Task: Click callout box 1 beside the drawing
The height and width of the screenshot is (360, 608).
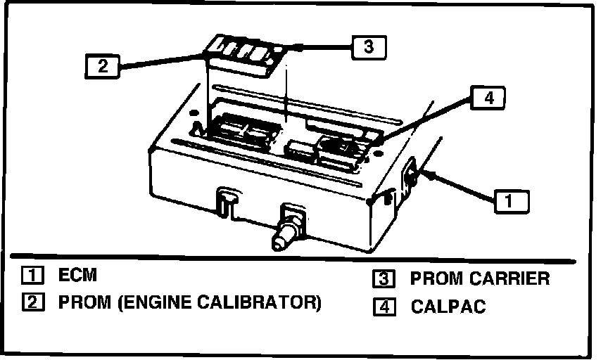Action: [512, 202]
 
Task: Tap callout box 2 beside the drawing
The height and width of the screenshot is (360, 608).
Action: [102, 66]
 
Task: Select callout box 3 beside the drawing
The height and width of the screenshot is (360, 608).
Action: [369, 47]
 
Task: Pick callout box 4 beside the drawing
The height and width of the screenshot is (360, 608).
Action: [488, 98]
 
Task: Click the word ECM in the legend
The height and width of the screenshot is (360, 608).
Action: [77, 275]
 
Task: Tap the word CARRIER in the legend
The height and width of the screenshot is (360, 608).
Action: [511, 278]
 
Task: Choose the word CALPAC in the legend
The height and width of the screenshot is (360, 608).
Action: [448, 306]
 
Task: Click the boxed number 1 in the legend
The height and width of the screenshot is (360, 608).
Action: [33, 275]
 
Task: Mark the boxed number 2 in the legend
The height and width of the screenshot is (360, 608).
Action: [33, 302]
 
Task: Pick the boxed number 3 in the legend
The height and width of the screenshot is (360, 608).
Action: [384, 279]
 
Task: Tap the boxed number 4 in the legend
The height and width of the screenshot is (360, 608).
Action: [385, 307]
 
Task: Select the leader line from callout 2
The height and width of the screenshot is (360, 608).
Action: [162, 62]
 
